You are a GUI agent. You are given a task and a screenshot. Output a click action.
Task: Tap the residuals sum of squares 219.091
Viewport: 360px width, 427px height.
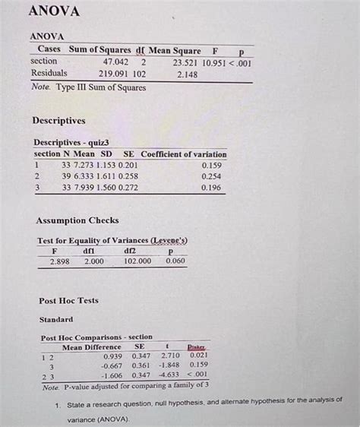click(x=112, y=74)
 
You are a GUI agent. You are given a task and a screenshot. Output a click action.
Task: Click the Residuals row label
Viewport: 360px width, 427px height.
click(x=49, y=74)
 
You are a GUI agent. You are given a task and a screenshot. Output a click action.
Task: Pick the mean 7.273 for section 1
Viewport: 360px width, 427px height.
click(x=83, y=165)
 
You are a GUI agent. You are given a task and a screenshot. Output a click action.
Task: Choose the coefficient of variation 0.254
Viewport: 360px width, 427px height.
click(x=211, y=176)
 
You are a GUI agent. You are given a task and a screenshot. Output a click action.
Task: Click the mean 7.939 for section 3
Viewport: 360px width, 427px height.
click(x=83, y=188)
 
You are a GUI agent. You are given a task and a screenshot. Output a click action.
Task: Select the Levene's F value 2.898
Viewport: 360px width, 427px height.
click(x=60, y=261)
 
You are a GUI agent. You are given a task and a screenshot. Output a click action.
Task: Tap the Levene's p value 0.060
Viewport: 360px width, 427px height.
click(x=175, y=261)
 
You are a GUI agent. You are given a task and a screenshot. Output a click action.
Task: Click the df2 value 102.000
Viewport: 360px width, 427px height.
click(x=137, y=261)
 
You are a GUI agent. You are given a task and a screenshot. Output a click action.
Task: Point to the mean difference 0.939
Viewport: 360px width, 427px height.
click(x=112, y=356)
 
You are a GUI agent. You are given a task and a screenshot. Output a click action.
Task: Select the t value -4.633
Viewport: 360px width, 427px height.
click(x=168, y=375)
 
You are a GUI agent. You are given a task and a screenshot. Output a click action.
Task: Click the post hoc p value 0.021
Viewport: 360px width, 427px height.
click(x=198, y=356)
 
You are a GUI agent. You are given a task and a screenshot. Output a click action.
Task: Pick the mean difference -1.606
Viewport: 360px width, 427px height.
click(x=112, y=375)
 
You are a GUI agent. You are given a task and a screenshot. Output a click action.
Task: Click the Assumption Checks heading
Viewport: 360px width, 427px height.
click(x=77, y=221)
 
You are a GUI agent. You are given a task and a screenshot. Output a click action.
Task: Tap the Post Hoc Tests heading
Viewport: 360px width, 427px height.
click(x=68, y=301)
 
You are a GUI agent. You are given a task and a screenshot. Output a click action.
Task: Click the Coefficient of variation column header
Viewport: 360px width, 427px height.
click(x=184, y=154)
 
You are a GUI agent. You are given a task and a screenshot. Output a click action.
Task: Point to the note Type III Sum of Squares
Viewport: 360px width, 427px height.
click(x=89, y=87)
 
